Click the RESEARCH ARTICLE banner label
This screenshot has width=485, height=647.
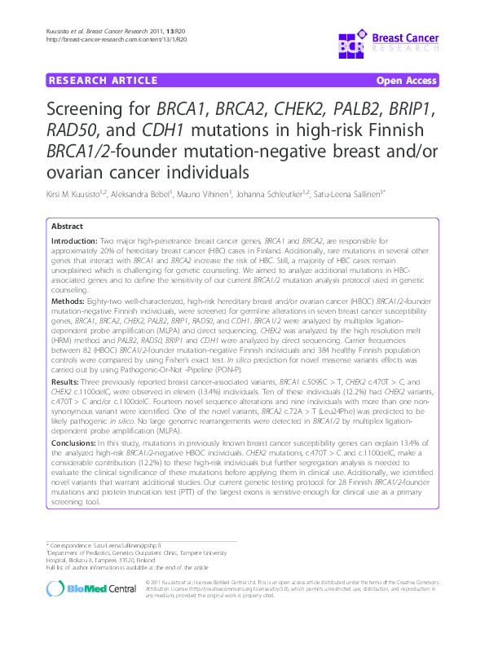coord(103,81)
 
